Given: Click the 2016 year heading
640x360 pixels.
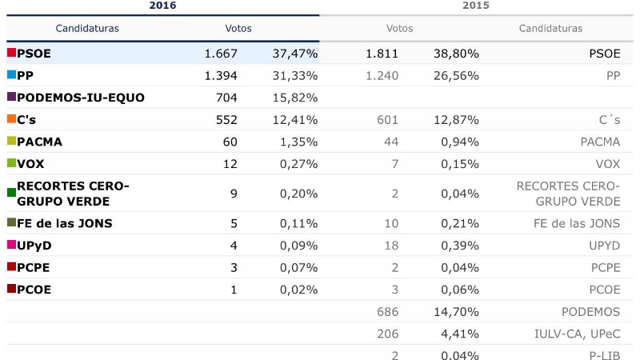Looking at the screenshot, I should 163,6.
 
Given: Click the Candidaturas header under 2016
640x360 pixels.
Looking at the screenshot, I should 87,28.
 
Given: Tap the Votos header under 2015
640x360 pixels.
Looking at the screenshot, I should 399,28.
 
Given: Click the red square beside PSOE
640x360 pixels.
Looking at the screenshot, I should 11,53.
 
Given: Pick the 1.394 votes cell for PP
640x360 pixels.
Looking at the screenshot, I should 220,75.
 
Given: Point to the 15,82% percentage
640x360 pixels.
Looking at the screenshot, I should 298,98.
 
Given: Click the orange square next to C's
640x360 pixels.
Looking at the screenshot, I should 11,119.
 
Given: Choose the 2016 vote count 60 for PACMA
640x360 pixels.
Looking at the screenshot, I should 229,142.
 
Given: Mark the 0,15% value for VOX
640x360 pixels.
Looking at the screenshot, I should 458,163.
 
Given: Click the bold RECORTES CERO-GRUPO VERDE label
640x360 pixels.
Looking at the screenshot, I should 73,193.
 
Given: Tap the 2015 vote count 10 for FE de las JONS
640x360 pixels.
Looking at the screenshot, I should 391,223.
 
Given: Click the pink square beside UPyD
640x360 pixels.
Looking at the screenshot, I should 11,245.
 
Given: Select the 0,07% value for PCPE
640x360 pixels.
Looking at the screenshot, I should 298,267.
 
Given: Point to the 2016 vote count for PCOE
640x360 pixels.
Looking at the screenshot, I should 234,290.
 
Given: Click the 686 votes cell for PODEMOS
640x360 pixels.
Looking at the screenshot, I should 386,312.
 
